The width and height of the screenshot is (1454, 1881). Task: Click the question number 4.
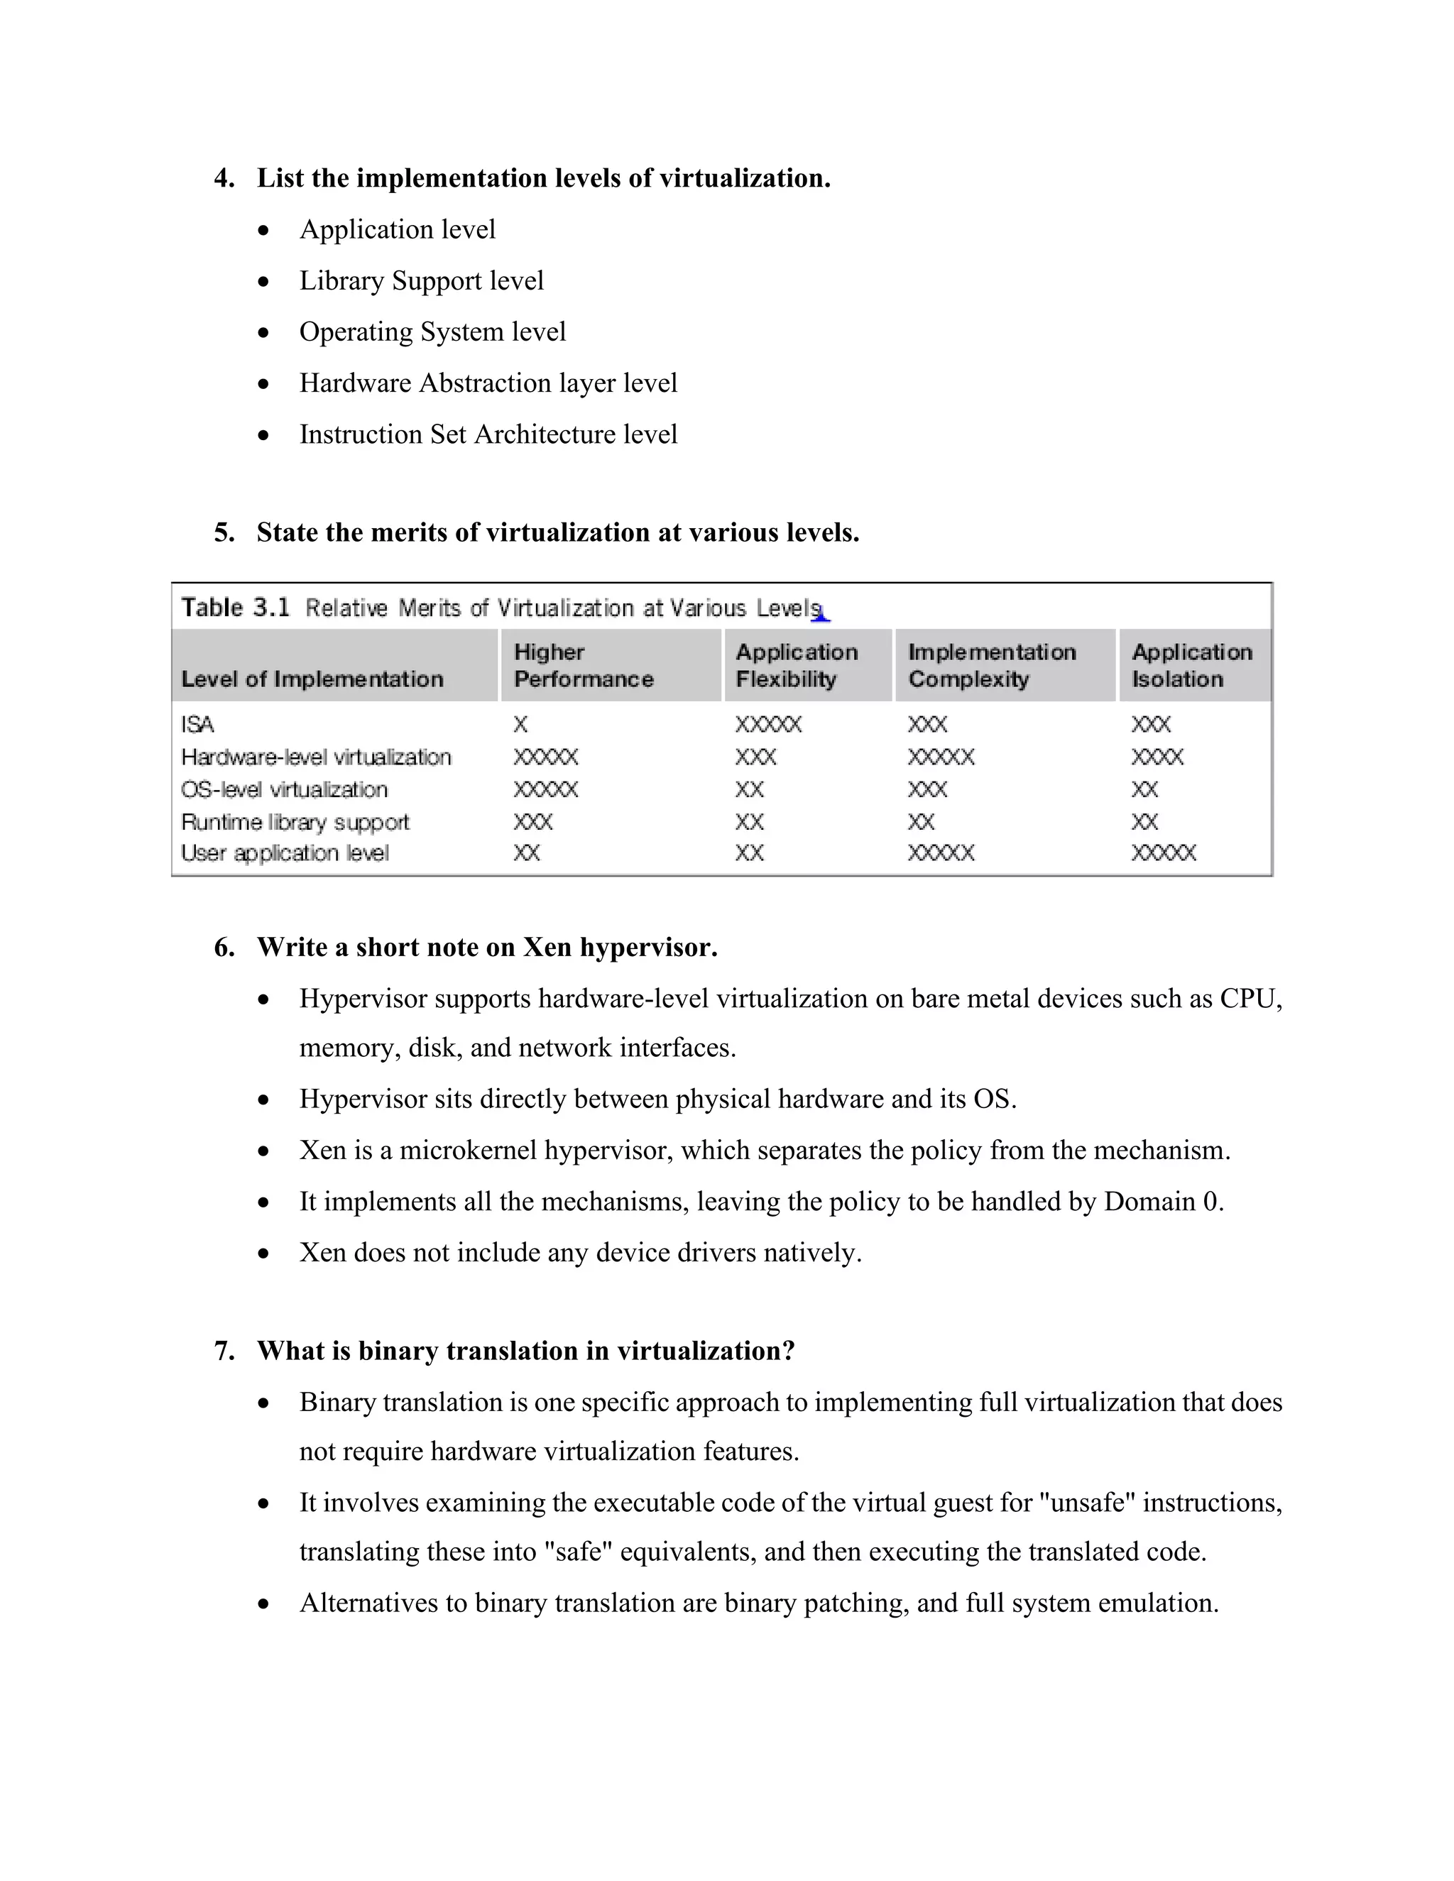tap(224, 178)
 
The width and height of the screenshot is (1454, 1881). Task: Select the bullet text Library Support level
tap(421, 281)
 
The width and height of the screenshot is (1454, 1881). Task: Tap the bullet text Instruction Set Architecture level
tap(488, 434)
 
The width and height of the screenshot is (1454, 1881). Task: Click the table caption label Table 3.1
tap(235, 608)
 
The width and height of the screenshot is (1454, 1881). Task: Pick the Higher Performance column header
tap(583, 665)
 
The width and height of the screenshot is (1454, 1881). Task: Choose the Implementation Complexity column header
tap(991, 665)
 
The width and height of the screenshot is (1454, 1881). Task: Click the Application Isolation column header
tap(1191, 665)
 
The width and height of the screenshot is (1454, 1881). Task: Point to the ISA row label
tap(197, 724)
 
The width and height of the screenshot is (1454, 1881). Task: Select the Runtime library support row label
tap(295, 822)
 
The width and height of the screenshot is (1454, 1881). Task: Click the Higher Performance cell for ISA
tap(520, 724)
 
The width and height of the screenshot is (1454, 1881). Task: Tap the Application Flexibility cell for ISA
tap(768, 724)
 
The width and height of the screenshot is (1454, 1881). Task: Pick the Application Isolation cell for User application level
tap(1163, 852)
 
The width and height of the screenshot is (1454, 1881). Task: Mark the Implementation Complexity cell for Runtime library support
tap(921, 822)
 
